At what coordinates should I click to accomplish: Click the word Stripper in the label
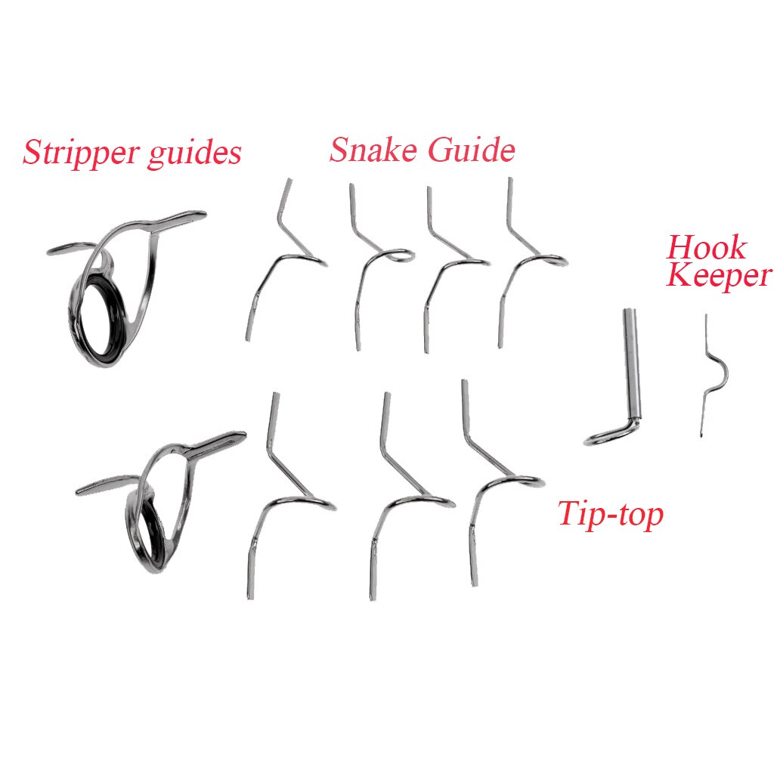pos(74,153)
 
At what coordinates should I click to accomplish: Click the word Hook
pos(706,248)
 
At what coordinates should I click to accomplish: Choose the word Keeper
pos(719,276)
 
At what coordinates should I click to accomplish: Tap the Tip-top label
pos(610,514)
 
